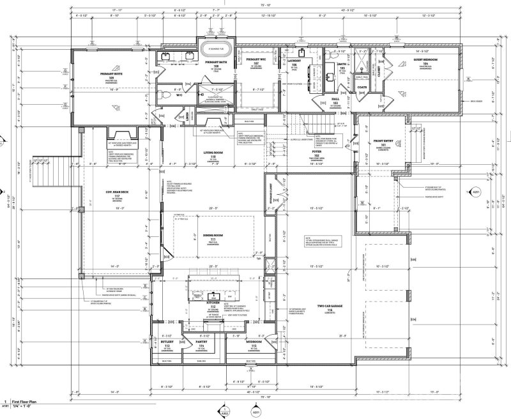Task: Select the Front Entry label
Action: [x=383, y=144]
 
